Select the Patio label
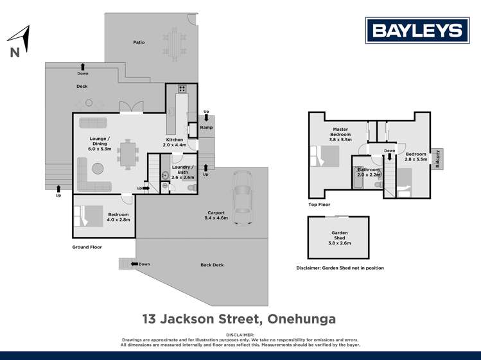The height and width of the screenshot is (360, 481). pos(139,42)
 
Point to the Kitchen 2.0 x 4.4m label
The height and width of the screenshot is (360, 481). pos(175,142)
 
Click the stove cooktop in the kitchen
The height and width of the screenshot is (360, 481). pos(182,89)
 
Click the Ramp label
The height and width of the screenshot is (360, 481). pos(206,128)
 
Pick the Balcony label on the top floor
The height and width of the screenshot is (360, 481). pos(438,158)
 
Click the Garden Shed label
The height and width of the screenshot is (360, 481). pos(339,236)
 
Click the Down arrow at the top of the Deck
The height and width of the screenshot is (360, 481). pos(83,65)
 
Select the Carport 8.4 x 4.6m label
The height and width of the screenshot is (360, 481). pos(216,216)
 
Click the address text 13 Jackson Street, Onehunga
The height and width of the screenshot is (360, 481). pos(240,318)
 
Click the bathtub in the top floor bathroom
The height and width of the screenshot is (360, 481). pos(358,179)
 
